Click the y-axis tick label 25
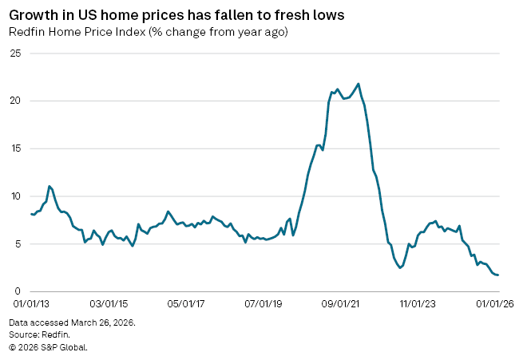point(14,53)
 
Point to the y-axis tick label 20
point(14,101)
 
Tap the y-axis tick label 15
point(14,148)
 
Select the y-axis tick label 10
point(14,196)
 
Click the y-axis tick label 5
point(17,243)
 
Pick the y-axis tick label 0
point(17,291)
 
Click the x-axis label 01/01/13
point(31,304)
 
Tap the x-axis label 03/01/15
point(108,304)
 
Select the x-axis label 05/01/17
point(185,304)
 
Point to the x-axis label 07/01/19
point(263,304)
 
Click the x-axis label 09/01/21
point(342,304)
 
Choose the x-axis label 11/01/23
point(419,304)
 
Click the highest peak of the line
point(358,84)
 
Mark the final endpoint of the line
point(498,275)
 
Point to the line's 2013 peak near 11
point(50,186)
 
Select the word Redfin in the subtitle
point(25,32)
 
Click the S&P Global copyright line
point(48,347)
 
